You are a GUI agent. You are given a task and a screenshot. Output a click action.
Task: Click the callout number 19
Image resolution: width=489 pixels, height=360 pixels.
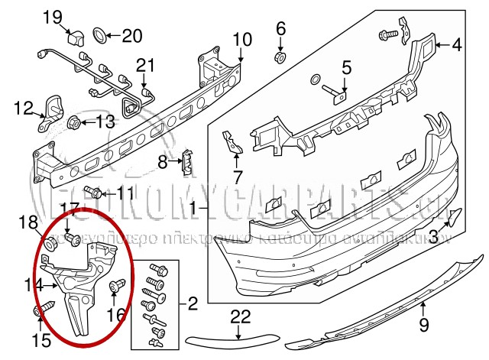pyautogui.click(x=73, y=16)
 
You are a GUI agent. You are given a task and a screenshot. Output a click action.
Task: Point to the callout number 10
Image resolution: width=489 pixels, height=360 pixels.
pyautogui.click(x=241, y=38)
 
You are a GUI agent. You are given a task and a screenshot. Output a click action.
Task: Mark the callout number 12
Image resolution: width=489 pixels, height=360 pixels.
pyautogui.click(x=23, y=108)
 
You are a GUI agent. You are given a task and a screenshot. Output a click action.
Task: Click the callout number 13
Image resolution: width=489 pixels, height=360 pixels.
pyautogui.click(x=104, y=120)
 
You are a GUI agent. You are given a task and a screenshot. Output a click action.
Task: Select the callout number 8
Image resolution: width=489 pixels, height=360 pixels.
pyautogui.click(x=162, y=161)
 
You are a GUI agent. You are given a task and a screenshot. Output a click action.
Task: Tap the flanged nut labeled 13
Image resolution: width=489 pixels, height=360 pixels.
pyautogui.click(x=77, y=121)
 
